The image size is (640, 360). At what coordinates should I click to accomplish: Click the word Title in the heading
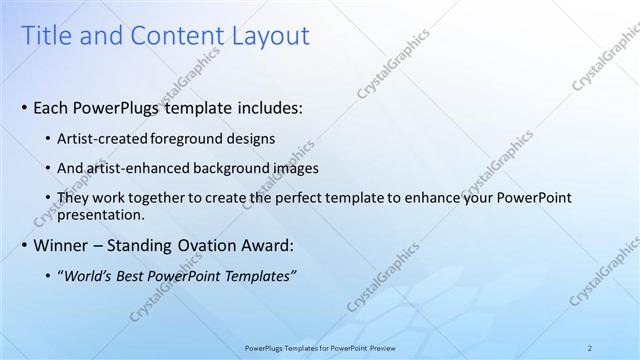47,37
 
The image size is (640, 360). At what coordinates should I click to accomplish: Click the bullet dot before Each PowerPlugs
25,107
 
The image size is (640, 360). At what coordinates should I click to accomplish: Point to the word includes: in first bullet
268,107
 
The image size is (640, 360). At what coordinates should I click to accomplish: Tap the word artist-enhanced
136,169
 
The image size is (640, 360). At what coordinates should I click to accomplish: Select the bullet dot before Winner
25,245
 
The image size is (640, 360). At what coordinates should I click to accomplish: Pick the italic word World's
90,276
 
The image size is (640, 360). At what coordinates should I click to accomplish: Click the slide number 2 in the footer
590,348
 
